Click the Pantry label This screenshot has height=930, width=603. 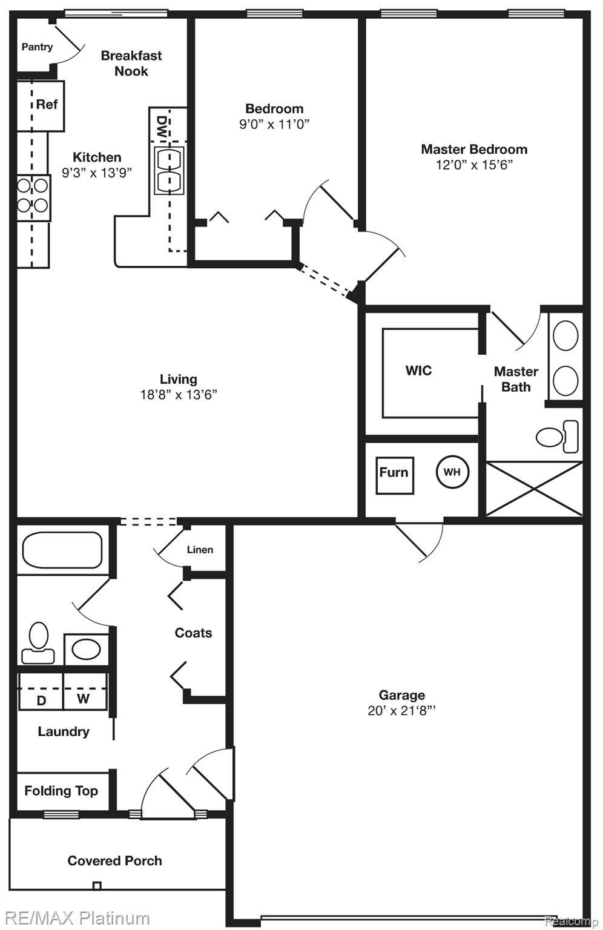pyautogui.click(x=37, y=47)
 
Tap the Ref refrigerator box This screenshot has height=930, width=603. pyautogui.click(x=41, y=107)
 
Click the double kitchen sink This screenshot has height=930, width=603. pyautogui.click(x=169, y=171)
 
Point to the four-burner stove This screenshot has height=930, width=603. pyautogui.click(x=33, y=198)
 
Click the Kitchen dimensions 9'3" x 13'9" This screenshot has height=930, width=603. pyautogui.click(x=97, y=173)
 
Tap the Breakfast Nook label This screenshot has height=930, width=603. pyautogui.click(x=131, y=63)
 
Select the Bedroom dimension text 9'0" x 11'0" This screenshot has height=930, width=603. pyautogui.click(x=274, y=124)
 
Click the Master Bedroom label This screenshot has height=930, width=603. pyautogui.click(x=474, y=149)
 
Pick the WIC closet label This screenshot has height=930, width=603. pyautogui.click(x=418, y=371)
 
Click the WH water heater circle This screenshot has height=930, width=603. pyautogui.click(x=452, y=472)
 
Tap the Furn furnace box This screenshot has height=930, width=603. pyautogui.click(x=395, y=476)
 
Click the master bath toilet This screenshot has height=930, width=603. pyautogui.click(x=557, y=437)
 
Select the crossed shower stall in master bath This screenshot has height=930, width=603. pyautogui.click(x=534, y=489)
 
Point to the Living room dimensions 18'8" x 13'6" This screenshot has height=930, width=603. pyautogui.click(x=179, y=394)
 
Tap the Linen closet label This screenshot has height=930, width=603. pyautogui.click(x=200, y=550)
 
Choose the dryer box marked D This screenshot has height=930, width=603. pyautogui.click(x=41, y=691)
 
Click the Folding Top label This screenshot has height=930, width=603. pyautogui.click(x=61, y=791)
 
